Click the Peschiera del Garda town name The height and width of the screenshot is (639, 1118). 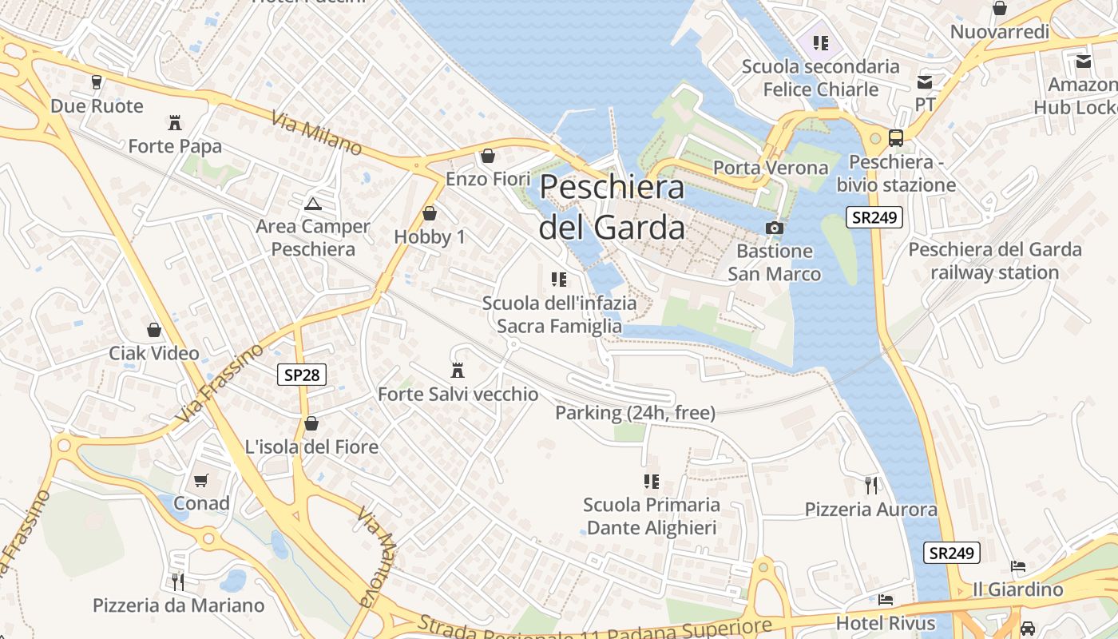612,207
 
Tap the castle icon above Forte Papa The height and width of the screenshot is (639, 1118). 175,122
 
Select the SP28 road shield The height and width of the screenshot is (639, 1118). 302,374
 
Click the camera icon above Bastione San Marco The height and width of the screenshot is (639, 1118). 774,228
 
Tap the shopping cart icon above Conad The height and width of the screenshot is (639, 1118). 201,480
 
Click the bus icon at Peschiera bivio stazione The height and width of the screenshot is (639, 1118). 896,137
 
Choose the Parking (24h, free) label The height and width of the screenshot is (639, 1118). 635,413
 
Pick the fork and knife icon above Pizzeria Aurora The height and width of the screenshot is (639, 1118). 871,485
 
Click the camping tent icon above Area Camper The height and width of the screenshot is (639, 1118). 313,204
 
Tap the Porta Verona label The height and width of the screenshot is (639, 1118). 771,168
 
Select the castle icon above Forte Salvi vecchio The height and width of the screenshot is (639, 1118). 458,371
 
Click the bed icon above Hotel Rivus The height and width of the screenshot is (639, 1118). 885,599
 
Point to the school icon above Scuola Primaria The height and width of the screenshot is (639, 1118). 652,481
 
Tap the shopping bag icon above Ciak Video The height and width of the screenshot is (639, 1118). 154,330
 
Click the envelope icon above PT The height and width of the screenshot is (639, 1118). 925,81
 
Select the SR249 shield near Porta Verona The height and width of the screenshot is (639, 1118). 874,217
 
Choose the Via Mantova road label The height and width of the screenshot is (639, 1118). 376,556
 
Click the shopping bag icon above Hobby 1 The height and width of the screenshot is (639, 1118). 430,213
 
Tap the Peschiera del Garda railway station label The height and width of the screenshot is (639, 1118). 994,260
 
